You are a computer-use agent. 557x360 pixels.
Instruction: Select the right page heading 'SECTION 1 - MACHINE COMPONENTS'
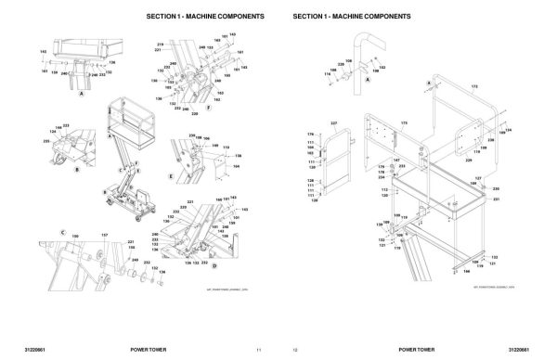pos(351,18)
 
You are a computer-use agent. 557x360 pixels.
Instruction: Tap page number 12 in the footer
pos(295,349)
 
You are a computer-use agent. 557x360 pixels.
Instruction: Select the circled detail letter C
pos(63,230)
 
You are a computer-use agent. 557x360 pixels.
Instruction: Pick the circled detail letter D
pos(214,265)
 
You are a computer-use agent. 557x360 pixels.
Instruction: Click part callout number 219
pos(160,45)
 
